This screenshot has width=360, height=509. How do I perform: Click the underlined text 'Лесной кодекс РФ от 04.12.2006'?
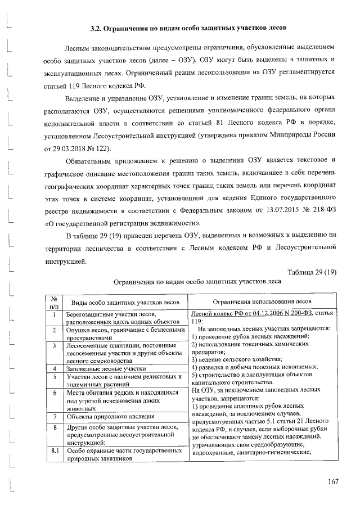240,313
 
